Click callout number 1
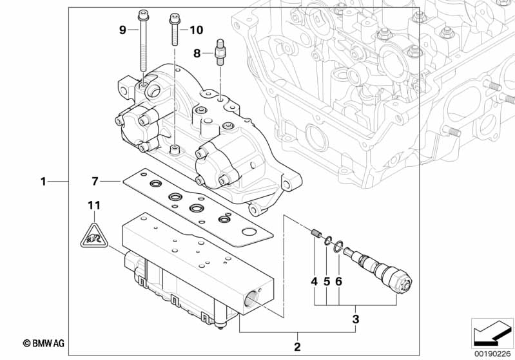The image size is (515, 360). click(43, 182)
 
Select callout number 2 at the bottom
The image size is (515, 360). click(297, 346)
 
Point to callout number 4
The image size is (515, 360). click(314, 281)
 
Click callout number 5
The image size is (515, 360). click(326, 281)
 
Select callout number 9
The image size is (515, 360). click(122, 30)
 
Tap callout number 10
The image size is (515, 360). click(196, 30)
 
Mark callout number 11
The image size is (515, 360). click(94, 205)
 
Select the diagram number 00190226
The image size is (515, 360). click(492, 352)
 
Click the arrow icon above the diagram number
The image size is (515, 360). click(492, 332)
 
